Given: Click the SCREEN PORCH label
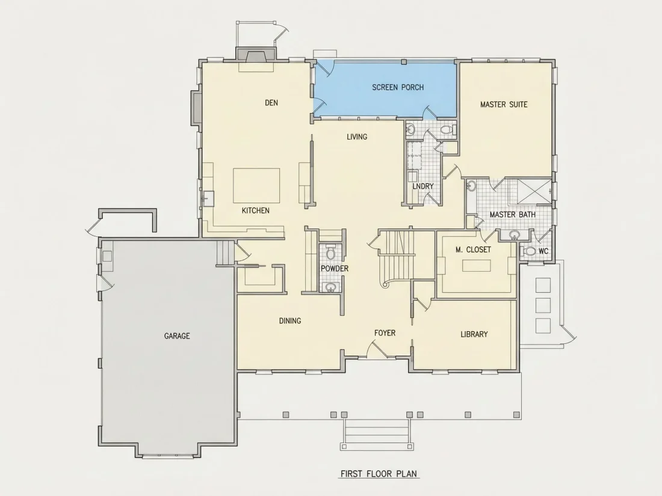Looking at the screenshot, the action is tap(398, 87).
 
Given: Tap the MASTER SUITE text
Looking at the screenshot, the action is tap(504, 104).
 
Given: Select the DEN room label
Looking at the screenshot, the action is tap(271, 102).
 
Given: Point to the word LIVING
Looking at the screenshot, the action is tap(357, 136).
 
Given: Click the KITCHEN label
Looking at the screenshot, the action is tap(255, 210).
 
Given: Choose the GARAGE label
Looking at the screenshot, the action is tap(177, 335).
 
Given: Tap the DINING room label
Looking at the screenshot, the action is tap(290, 320).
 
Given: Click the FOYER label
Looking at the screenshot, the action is tap(385, 333).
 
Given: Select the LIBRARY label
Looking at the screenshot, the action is tap(474, 334).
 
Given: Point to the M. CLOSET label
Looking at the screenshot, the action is tap(473, 250).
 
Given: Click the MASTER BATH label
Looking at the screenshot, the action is tap(513, 215).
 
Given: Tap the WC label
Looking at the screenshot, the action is tap(543, 251).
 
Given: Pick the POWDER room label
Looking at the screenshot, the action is tap(335, 268).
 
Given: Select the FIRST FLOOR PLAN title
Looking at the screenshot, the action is tap(379, 474).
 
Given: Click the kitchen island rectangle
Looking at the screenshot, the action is tap(256, 186).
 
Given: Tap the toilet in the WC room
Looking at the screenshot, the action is tap(528, 251).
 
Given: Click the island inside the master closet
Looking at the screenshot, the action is tap(476, 266).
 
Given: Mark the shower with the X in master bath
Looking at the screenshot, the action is tap(534, 192).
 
